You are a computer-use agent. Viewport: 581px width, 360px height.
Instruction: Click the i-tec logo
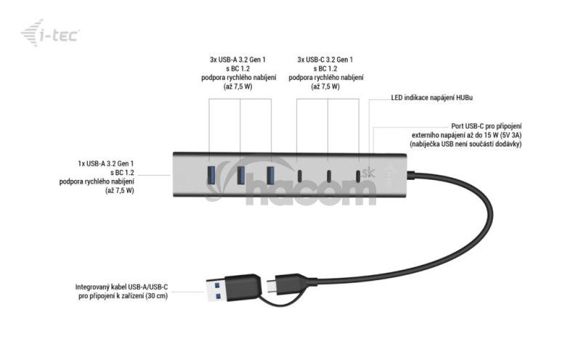(x=50, y=33)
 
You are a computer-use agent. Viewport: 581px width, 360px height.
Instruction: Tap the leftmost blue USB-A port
(x=210, y=175)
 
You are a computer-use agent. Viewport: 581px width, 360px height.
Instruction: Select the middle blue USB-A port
(x=240, y=175)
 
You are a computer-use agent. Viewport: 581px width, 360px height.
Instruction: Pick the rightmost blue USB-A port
(x=270, y=175)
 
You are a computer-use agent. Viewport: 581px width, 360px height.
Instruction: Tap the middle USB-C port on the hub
(x=328, y=176)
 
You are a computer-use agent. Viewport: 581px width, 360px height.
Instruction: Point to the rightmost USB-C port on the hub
(x=358, y=176)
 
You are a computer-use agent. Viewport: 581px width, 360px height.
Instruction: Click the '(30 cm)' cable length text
(x=156, y=295)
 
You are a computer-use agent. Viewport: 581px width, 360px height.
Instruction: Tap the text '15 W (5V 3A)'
(x=500, y=135)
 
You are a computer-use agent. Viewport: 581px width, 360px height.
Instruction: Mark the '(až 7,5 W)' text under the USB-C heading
(x=325, y=86)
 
